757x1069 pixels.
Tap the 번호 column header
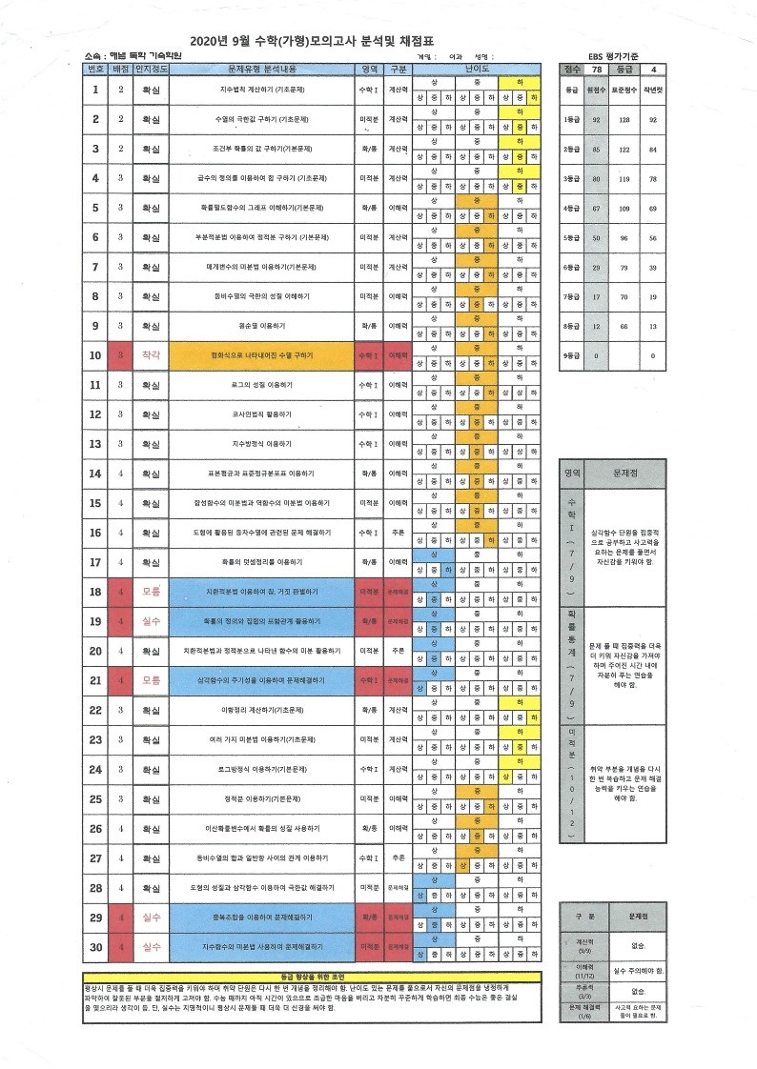pyautogui.click(x=95, y=70)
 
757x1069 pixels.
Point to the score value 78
pyautogui.click(x=597, y=70)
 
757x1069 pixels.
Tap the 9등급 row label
pyautogui.click(x=571, y=356)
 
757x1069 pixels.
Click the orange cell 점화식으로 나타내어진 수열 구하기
pyautogui.click(x=261, y=355)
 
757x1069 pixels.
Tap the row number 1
pyautogui.click(x=95, y=90)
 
